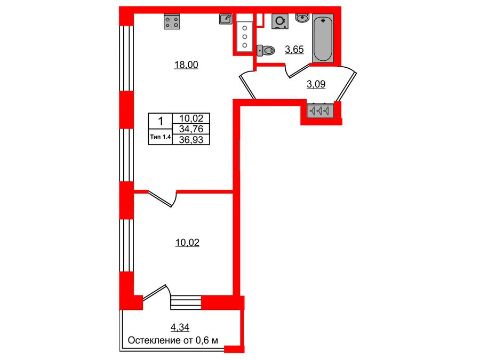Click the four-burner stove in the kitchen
point(172,21)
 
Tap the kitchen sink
point(226,19)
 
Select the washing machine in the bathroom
point(279,21)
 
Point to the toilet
point(266,50)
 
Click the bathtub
point(323,39)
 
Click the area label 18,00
point(186,65)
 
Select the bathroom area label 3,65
point(294,50)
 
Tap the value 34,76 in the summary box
point(195,129)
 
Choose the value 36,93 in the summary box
point(195,139)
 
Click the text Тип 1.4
point(161,138)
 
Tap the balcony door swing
point(156,295)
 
